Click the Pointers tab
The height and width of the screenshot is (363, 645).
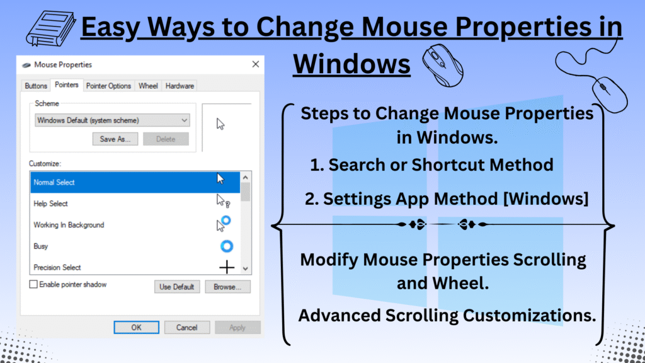click(x=66, y=85)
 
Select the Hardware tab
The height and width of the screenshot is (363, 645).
click(x=180, y=86)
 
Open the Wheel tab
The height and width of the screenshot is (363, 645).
click(x=148, y=86)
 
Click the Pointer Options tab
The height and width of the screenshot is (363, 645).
click(x=108, y=86)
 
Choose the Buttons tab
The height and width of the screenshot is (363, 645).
click(x=36, y=86)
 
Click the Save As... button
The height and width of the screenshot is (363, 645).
click(x=115, y=139)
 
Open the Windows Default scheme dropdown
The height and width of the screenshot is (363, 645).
click(x=112, y=120)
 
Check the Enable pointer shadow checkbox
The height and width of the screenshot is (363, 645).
click(x=33, y=285)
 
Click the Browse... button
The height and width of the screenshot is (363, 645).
click(x=227, y=287)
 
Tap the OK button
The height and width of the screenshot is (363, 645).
click(x=136, y=328)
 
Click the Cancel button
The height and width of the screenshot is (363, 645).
click(x=186, y=328)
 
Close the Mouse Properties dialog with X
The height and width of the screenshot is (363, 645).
click(x=255, y=64)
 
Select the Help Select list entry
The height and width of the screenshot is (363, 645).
click(x=50, y=204)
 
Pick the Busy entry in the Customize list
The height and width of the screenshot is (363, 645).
click(x=41, y=246)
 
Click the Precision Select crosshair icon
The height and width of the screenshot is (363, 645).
click(x=226, y=267)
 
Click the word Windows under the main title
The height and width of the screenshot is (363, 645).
click(x=351, y=64)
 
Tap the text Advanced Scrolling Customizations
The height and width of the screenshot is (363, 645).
click(x=447, y=316)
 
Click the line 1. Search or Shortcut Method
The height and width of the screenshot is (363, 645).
click(x=431, y=165)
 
